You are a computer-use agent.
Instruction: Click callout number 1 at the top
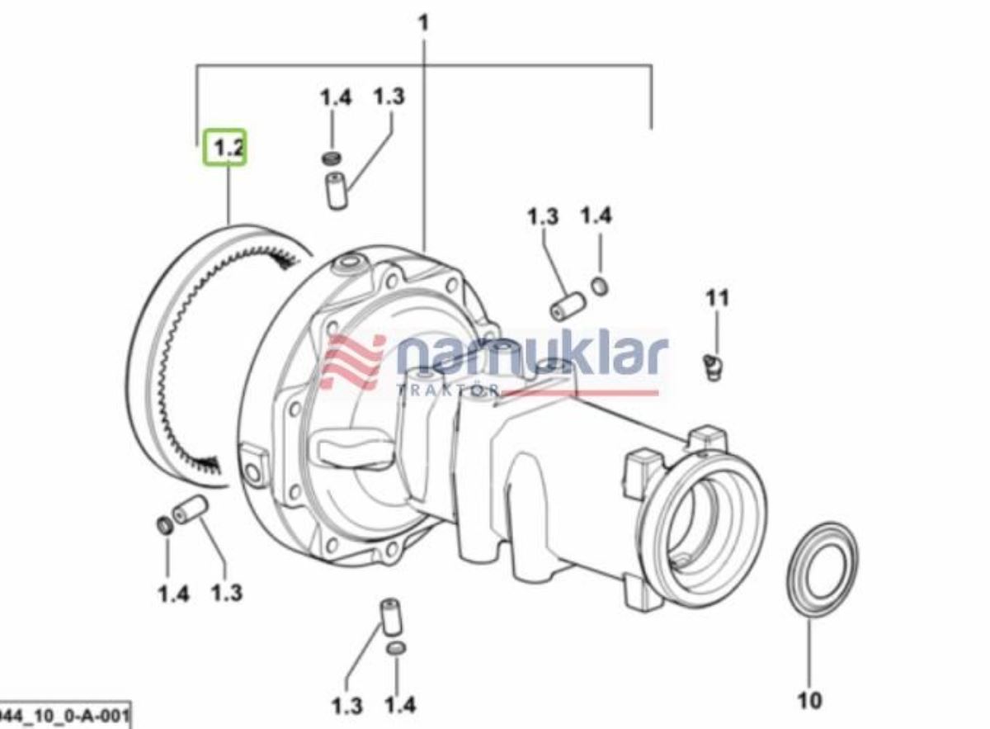pos(424,22)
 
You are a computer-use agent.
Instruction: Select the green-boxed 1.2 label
pos(226,148)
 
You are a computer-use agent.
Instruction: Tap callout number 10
pos(809,700)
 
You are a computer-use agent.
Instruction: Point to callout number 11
pos(717,297)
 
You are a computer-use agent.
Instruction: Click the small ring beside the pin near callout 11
pos(601,286)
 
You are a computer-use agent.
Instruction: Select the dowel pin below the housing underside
pos(388,615)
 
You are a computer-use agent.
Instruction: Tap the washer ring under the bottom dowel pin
pos(397,649)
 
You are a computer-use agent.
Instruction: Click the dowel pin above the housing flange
pos(337,192)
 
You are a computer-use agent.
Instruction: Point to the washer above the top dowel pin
pos(332,157)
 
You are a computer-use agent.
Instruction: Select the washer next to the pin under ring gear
pos(165,526)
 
